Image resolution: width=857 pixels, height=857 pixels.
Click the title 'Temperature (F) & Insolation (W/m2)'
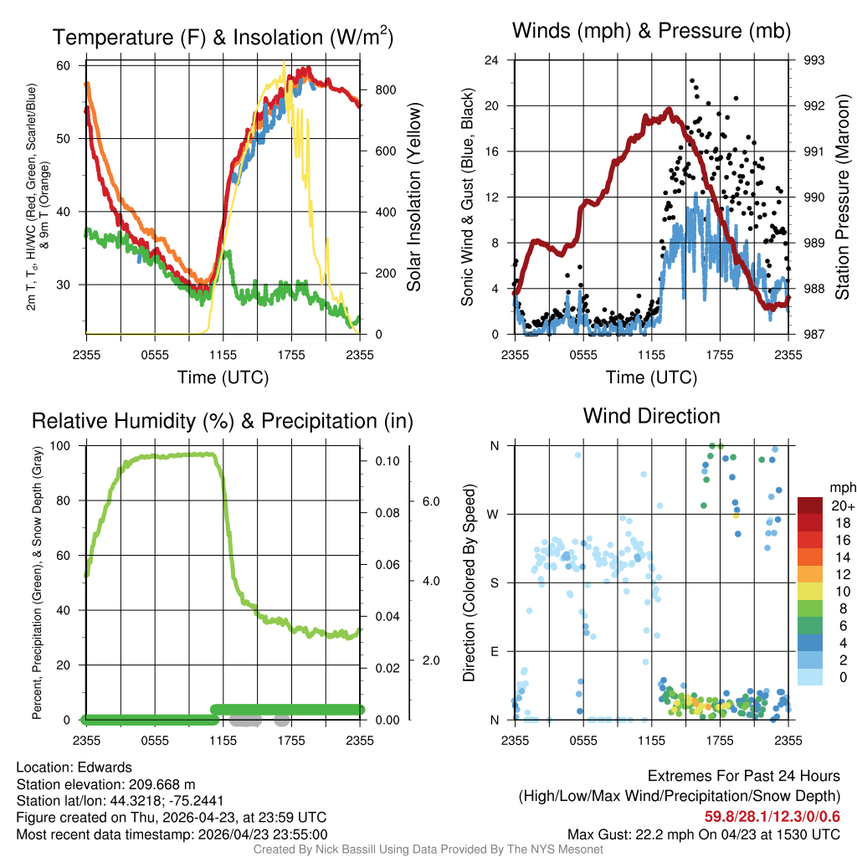223,37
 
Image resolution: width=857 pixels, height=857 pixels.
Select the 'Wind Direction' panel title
651,416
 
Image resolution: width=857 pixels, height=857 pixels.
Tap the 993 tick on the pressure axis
813,60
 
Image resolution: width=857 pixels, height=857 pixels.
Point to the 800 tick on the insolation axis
386,90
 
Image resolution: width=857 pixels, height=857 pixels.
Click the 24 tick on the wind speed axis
491,60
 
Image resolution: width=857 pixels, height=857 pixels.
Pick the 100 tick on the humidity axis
60,445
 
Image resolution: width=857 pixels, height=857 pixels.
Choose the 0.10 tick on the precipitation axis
387,461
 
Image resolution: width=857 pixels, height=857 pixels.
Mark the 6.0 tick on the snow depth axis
431,501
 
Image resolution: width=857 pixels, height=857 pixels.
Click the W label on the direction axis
493,515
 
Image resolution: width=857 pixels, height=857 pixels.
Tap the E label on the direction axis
494,651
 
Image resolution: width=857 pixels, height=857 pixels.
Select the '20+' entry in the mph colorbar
843,505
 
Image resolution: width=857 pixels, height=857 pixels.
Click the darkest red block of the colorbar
810,505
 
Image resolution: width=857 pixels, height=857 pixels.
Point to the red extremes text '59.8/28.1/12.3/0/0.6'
772,817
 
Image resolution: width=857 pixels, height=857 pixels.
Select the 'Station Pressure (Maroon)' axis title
842,197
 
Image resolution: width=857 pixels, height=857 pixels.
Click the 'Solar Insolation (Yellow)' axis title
413,197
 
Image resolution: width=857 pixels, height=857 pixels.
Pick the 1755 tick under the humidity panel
291,741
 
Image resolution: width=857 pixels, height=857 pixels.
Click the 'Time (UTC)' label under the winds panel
651,377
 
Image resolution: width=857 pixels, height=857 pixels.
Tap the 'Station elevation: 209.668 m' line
105,784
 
